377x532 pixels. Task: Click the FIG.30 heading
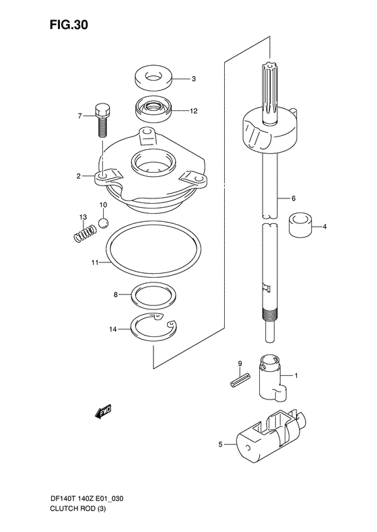tap(69, 24)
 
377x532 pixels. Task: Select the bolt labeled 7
tap(102, 120)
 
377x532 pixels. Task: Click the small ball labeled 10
tap(103, 223)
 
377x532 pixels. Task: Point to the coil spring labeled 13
tap(85, 234)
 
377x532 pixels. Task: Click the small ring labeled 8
tap(154, 295)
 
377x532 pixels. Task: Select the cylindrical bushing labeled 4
tap(300, 224)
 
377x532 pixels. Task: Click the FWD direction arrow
tap(103, 412)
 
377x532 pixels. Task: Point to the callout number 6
tap(294, 198)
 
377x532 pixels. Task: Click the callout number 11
tap(94, 262)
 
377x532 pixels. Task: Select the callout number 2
tap(79, 176)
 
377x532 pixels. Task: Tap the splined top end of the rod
tap(270, 89)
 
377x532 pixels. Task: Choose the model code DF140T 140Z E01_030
tap(87, 499)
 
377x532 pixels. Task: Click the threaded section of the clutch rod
tap(271, 313)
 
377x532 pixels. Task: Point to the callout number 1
tap(296, 375)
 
